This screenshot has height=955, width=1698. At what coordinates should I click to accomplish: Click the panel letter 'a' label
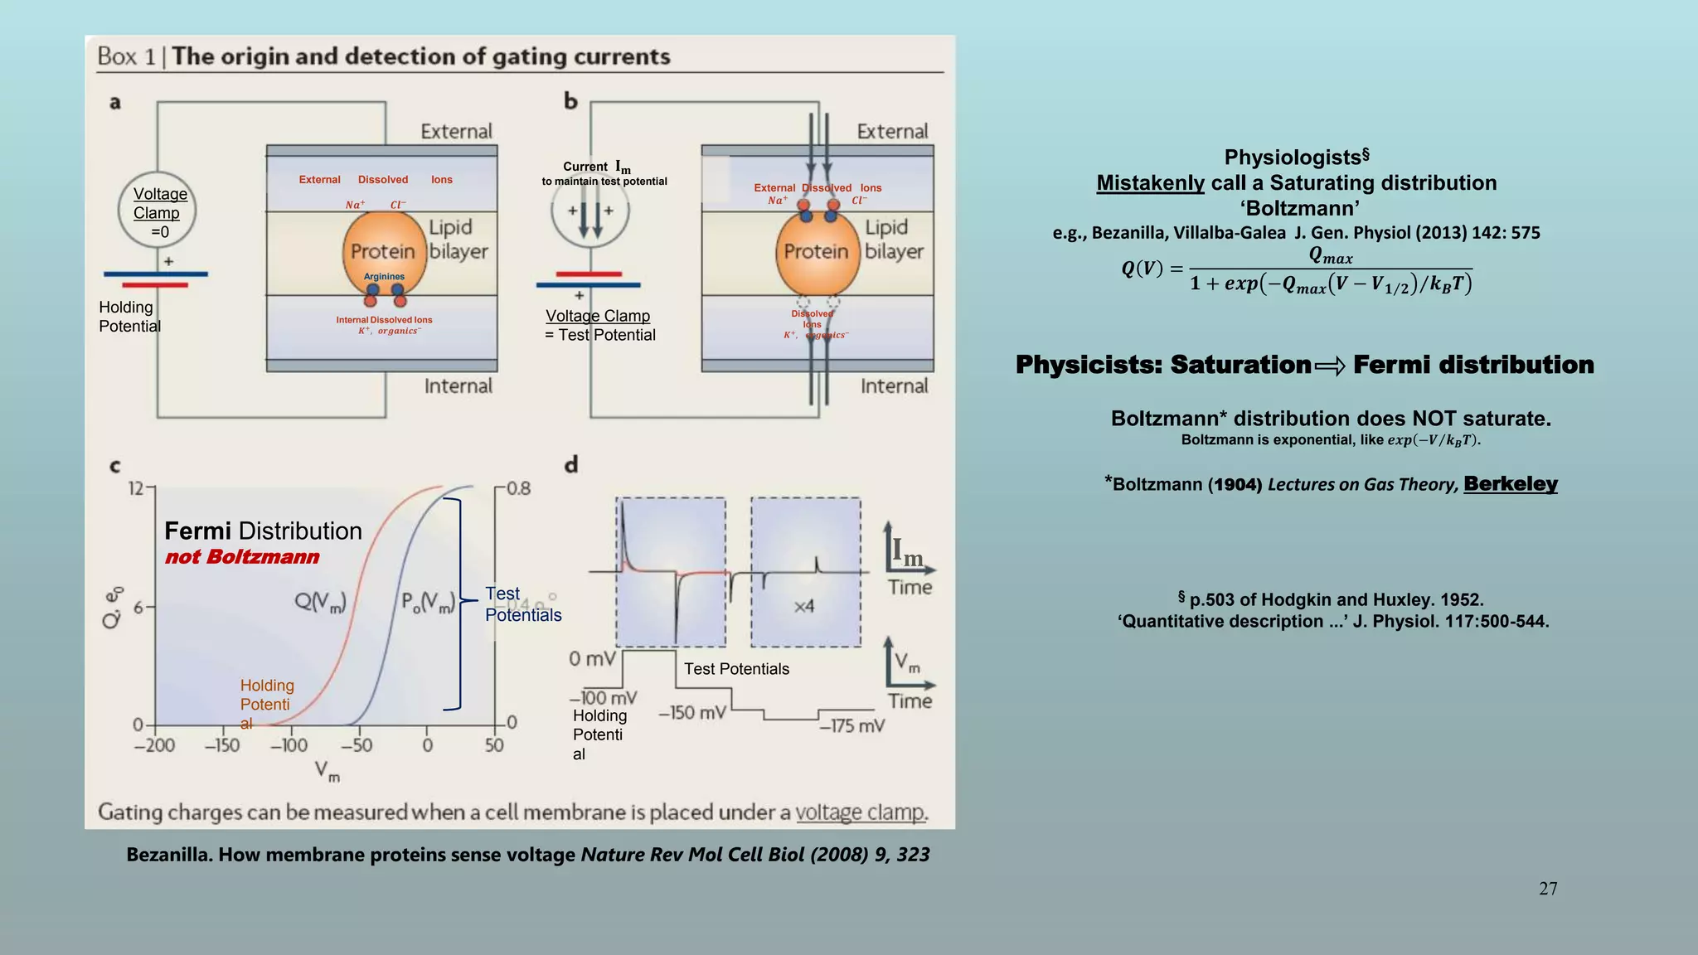click(x=115, y=103)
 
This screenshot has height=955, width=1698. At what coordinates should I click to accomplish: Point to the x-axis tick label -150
click(x=222, y=745)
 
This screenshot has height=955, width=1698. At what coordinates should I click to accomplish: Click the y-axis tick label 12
click(x=136, y=488)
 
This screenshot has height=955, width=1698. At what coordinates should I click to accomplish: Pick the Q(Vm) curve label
click(x=320, y=601)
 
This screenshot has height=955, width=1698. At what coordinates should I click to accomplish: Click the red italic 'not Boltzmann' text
click(x=242, y=557)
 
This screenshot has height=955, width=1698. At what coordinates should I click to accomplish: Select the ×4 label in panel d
click(x=804, y=607)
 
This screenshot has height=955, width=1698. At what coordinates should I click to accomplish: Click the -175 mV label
click(x=852, y=726)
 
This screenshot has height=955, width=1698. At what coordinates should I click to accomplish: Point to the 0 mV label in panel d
click(x=592, y=659)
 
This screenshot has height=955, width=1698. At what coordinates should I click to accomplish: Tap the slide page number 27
click(x=1548, y=889)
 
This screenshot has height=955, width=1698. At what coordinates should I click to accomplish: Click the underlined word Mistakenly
click(x=1150, y=183)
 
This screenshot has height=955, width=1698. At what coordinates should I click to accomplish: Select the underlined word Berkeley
click(x=1511, y=483)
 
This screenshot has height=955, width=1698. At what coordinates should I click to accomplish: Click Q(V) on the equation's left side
click(x=1142, y=269)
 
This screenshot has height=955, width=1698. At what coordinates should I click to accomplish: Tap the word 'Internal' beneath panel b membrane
click(x=894, y=386)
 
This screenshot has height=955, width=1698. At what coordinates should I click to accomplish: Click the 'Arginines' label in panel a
click(x=384, y=277)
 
